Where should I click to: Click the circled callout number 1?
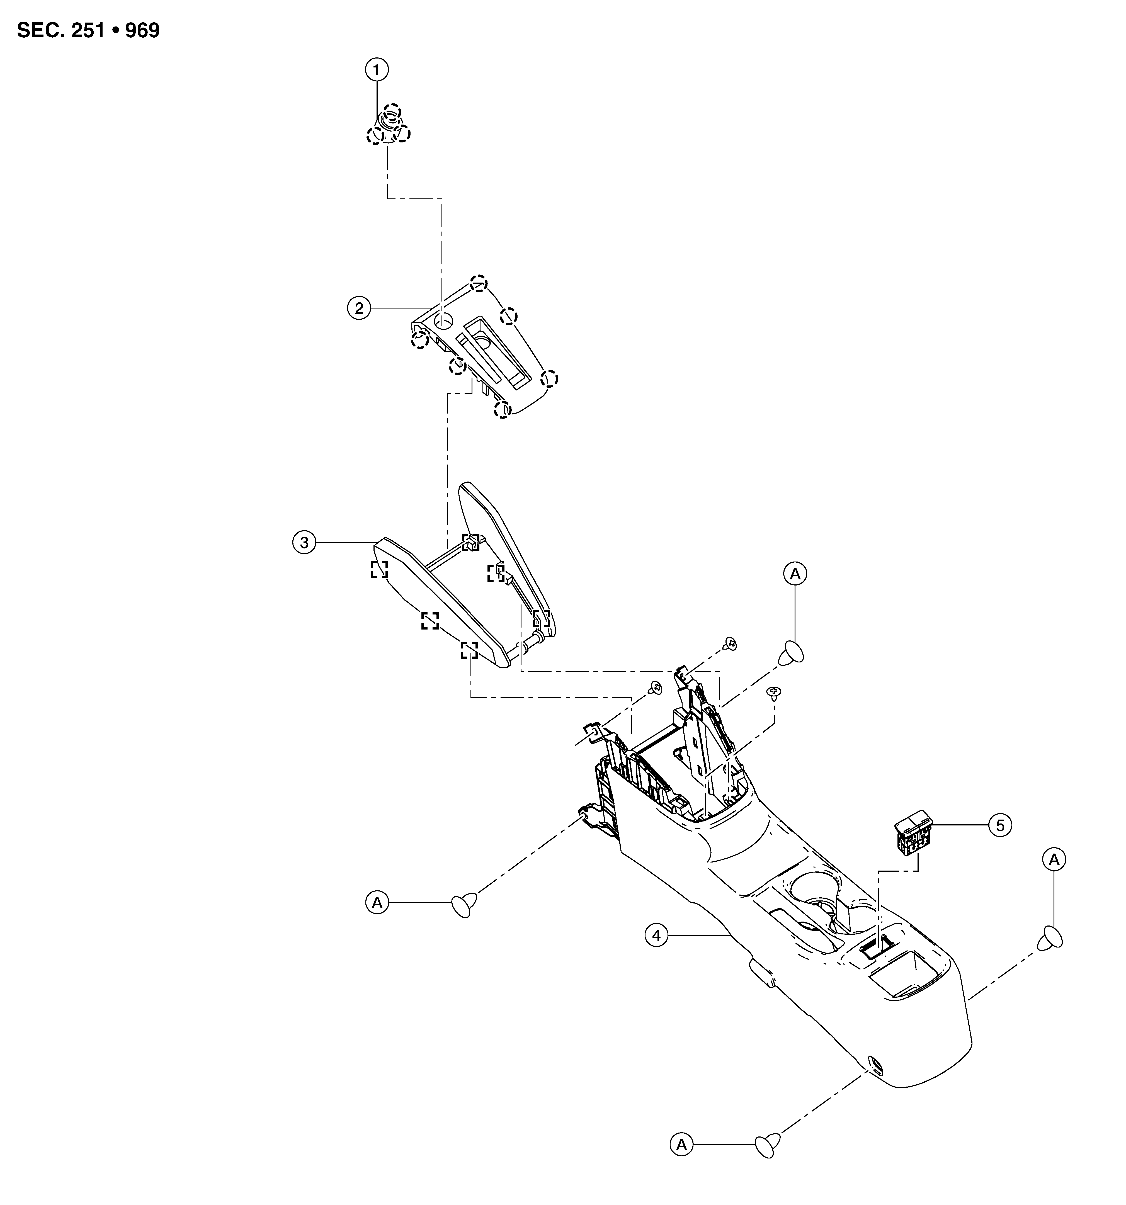[x=377, y=70]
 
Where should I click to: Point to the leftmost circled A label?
[x=377, y=903]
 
